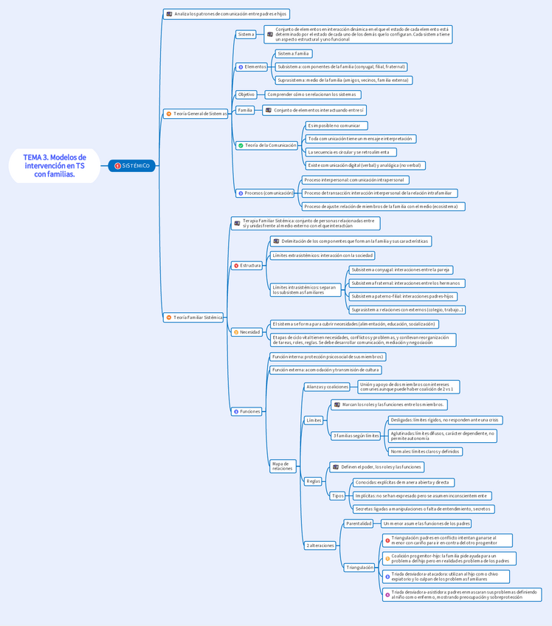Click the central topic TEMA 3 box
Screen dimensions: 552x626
point(54,166)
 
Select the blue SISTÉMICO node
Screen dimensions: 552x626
point(131,166)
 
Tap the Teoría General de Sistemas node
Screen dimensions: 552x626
point(196,114)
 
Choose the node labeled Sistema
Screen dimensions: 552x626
point(246,34)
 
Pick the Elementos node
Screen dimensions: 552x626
point(252,67)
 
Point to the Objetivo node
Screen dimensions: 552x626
point(246,94)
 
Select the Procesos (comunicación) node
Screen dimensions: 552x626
point(265,193)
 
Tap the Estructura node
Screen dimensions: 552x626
point(246,265)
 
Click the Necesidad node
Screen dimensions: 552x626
point(246,332)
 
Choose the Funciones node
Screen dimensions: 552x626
point(246,411)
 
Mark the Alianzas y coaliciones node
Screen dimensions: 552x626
point(327,387)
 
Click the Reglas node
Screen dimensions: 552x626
point(314,481)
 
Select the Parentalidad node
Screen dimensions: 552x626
point(359,523)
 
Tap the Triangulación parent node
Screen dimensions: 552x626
point(360,568)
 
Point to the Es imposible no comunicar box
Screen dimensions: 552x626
point(337,125)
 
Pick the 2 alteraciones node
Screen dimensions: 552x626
point(320,546)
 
